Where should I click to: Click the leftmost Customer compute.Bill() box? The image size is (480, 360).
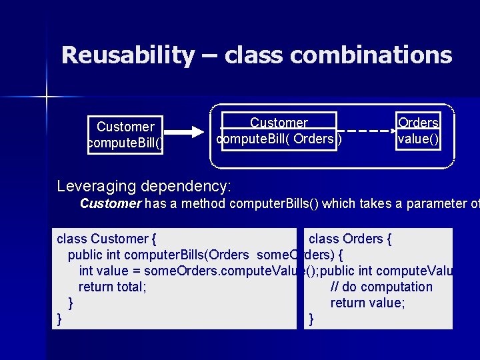[x=125, y=135]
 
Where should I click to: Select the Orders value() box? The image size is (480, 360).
[x=418, y=131]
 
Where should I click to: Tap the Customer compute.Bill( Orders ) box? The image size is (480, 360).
[x=279, y=131]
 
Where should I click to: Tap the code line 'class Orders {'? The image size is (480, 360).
[x=350, y=239]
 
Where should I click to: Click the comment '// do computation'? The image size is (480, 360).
[x=381, y=287]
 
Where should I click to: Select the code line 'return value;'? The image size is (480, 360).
[x=367, y=303]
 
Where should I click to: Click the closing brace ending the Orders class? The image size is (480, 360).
[x=311, y=319]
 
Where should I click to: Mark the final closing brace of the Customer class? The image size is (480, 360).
[x=60, y=319]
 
